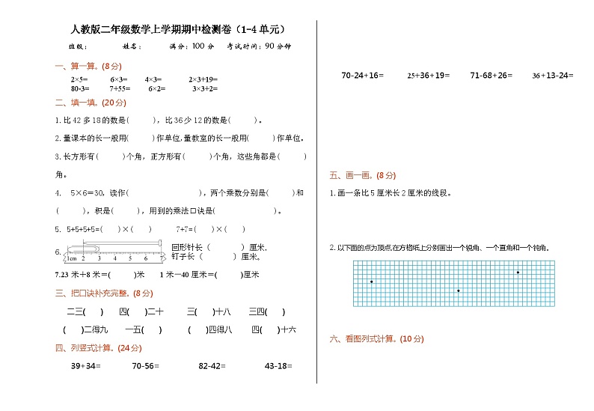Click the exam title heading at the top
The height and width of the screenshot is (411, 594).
tap(177, 29)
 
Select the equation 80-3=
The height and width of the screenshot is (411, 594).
tap(81, 88)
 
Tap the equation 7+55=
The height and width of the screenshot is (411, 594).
tap(121, 88)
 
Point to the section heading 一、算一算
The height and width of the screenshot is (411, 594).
tap(83, 66)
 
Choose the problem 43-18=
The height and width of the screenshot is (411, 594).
tap(278, 366)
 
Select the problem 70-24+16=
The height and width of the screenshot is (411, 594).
tap(362, 76)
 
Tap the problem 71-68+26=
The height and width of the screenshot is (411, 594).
tap(491, 76)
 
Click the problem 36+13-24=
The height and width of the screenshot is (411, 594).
tap(553, 76)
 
